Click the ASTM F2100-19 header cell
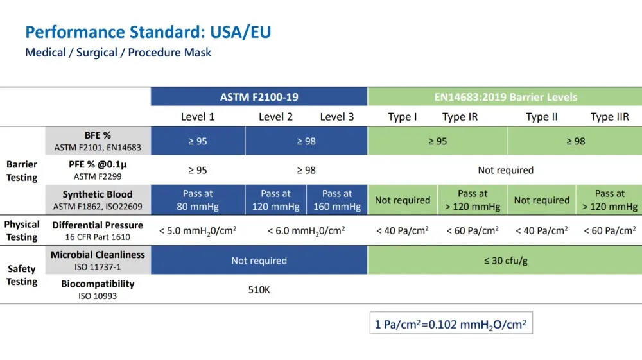tap(259, 97)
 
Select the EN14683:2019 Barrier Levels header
tap(505, 97)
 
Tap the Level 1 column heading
tap(198, 117)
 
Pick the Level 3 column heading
tap(336, 117)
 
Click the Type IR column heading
tap(460, 117)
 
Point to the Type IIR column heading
tap(609, 117)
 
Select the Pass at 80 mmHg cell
tap(198, 200)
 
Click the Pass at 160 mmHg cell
tap(337, 200)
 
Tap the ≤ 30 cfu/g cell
tap(505, 261)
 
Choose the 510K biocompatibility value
tap(259, 289)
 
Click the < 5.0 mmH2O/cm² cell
tap(198, 230)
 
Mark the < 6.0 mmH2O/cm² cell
tap(306, 230)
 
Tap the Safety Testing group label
tap(22, 275)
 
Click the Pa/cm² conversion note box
tap(450, 323)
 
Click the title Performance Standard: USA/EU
tap(148, 31)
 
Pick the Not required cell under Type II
tap(541, 200)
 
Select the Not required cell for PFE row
tap(505, 170)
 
